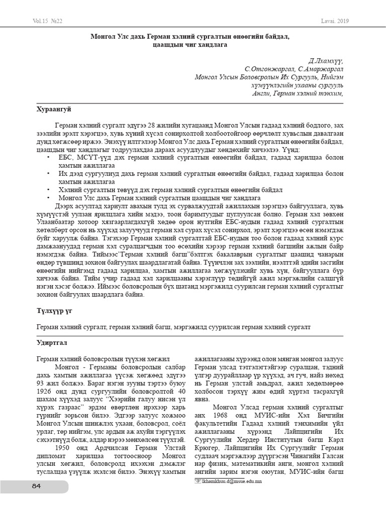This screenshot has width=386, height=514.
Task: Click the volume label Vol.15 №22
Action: point(47,21)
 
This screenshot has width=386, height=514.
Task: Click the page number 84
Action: point(36,486)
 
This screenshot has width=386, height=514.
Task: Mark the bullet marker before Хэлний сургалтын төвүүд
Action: point(48,190)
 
